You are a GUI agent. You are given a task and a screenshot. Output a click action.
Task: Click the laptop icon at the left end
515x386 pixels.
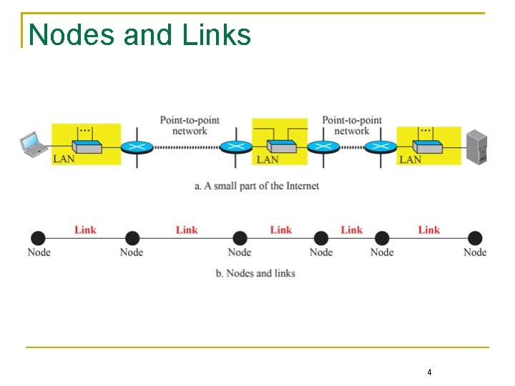32,144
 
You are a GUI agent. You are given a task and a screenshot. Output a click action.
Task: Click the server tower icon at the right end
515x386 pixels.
476,148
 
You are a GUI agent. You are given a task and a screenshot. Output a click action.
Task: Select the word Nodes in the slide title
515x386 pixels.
74,34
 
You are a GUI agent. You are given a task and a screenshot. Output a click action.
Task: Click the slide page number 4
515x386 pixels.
429,372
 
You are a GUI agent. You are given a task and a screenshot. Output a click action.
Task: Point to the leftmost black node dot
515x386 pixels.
38,238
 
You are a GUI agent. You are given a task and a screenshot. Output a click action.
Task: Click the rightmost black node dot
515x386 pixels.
475,238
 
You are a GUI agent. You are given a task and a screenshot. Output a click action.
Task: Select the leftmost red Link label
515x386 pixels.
85,229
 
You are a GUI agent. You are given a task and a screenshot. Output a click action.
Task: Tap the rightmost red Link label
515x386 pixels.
429,229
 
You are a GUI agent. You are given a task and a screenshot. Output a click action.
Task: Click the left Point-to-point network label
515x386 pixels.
190,125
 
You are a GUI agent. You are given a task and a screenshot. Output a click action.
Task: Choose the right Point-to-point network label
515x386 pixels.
352,125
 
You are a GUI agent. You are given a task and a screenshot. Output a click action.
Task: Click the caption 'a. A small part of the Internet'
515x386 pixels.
257,186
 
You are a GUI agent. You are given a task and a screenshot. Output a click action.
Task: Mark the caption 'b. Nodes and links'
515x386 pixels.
255,273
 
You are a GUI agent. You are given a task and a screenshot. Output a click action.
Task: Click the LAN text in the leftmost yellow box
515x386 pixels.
64,159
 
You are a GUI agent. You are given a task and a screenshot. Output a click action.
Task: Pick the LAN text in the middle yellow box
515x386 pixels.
268,159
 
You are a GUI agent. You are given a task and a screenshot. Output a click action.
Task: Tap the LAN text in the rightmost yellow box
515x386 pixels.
410,159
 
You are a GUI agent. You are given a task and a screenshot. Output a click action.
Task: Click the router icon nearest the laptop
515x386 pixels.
136,147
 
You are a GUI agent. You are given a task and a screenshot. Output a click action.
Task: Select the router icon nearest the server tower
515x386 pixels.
379,147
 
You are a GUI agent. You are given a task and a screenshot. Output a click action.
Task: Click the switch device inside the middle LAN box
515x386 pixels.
280,147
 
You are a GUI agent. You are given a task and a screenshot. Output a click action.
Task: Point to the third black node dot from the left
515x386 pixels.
240,238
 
